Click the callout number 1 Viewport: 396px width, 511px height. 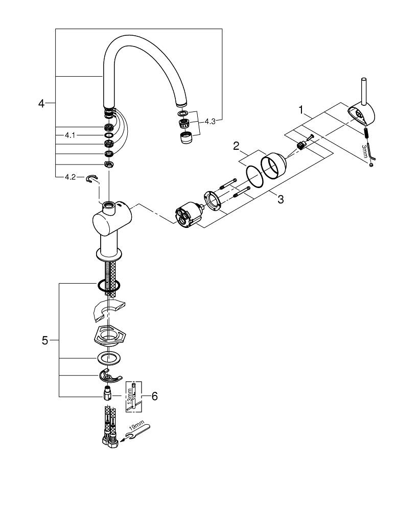click(x=302, y=109)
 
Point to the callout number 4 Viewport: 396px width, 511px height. click(x=42, y=104)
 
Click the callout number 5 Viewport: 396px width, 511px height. click(x=45, y=340)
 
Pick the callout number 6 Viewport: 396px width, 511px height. click(x=155, y=396)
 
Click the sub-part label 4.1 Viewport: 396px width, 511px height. click(x=70, y=135)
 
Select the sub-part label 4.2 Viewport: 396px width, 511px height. click(x=70, y=177)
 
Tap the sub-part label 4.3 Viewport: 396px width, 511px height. click(x=211, y=121)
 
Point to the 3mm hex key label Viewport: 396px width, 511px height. click(x=364, y=152)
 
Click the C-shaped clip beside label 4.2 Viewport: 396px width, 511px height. click(x=92, y=178)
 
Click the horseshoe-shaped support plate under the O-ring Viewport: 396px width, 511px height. click(x=109, y=310)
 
